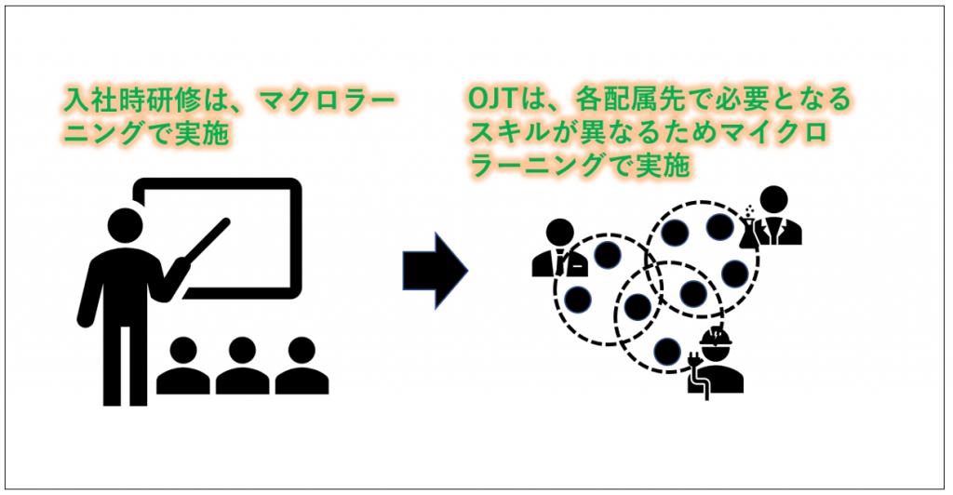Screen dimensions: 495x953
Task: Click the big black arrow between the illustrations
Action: (434, 271)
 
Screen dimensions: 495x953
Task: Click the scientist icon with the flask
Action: (773, 218)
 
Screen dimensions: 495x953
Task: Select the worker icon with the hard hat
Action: (716, 364)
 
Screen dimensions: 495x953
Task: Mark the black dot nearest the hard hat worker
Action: (665, 351)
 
